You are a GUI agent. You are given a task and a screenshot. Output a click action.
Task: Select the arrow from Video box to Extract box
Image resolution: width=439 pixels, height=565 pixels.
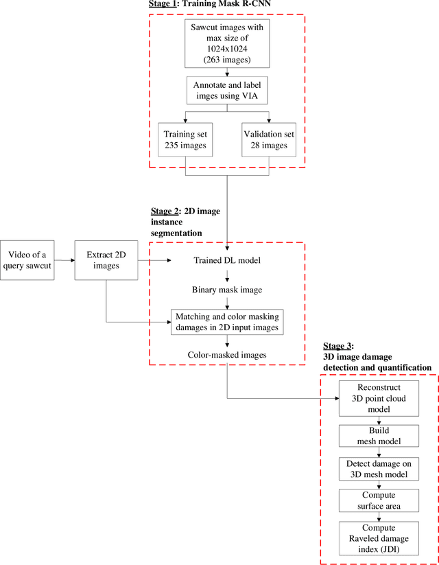[x=64, y=260]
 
